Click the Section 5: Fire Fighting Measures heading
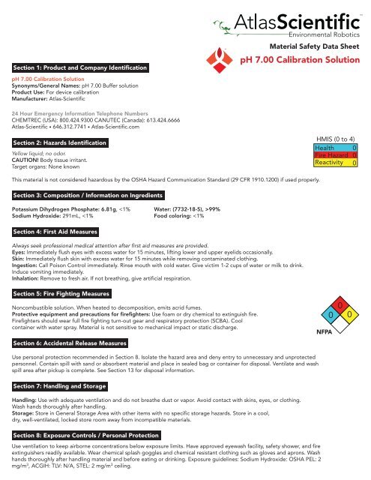(x=62, y=293)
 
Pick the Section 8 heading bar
(x=83, y=435)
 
